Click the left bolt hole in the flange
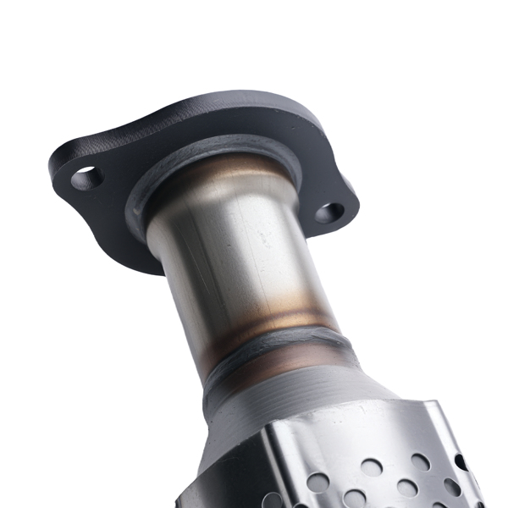86,178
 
